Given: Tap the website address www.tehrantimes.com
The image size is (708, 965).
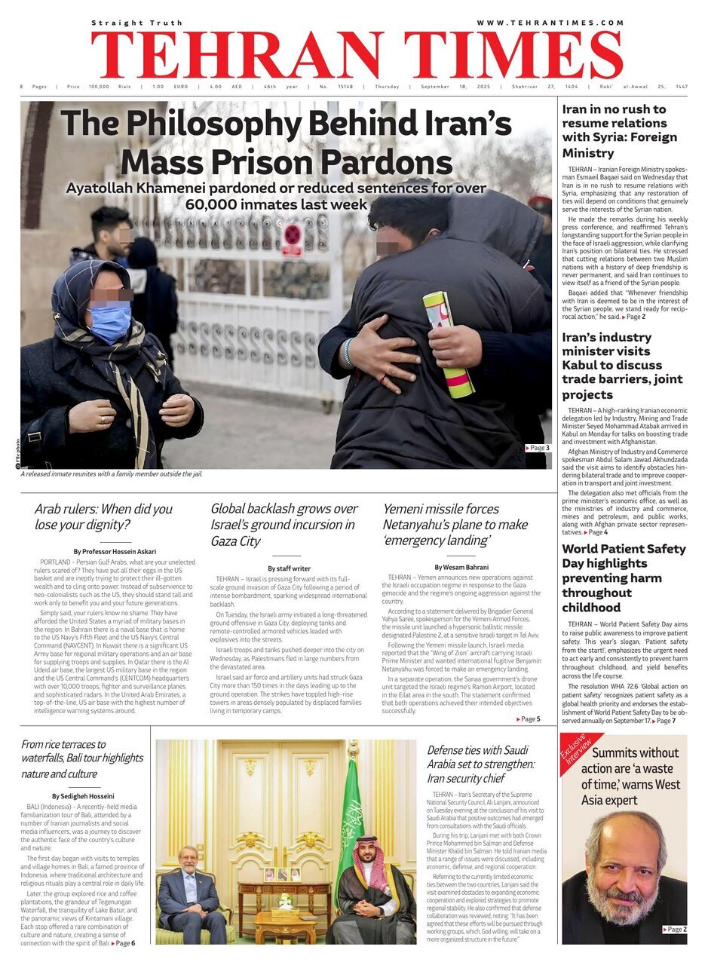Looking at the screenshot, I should click(550, 23).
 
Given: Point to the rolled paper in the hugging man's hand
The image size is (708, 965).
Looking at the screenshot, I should click(449, 344).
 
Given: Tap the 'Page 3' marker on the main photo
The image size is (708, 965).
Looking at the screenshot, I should click(538, 448).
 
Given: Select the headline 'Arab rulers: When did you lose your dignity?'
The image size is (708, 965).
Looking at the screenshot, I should click(103, 516).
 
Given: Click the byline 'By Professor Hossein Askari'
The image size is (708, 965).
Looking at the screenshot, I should click(115, 552).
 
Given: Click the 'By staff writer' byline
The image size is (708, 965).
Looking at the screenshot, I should click(289, 568).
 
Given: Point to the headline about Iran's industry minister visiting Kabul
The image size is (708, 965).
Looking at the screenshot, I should click(622, 366).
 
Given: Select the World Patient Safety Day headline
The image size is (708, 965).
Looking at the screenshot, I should click(624, 577).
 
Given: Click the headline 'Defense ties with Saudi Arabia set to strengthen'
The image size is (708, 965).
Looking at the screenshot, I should click(480, 764).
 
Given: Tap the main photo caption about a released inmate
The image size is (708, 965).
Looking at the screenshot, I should click(112, 474).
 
